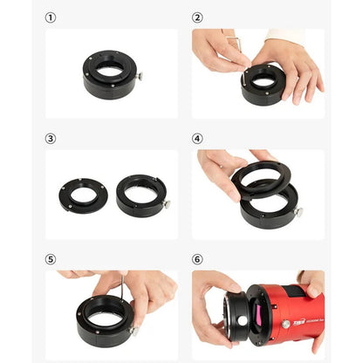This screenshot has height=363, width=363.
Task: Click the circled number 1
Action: click(51, 17)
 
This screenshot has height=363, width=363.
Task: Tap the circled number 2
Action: click(197, 17)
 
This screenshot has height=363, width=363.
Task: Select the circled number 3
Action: click(51, 138)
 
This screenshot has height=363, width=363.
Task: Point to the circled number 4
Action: click(197, 138)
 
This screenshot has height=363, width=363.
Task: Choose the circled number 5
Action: click(51, 259)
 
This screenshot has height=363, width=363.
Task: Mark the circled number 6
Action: click(197, 259)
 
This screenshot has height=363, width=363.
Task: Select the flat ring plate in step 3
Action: click(84, 195)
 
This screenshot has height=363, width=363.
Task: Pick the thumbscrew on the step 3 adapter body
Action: click(166, 203)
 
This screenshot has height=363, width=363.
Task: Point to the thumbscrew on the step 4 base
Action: click(298, 212)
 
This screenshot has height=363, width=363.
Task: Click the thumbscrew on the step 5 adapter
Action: click(134, 331)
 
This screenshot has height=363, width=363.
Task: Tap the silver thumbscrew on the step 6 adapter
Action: click(241, 320)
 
